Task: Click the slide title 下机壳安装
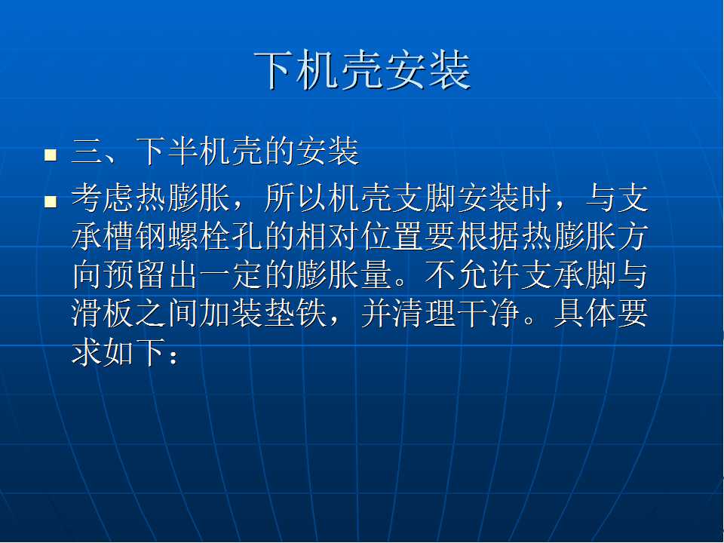click(x=363, y=70)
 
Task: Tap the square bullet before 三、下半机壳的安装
click(x=51, y=154)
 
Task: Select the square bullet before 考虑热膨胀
click(x=51, y=201)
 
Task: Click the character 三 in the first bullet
click(x=87, y=152)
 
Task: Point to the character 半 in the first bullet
click(x=183, y=152)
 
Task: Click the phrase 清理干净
click(x=456, y=314)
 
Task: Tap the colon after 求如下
click(x=173, y=357)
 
